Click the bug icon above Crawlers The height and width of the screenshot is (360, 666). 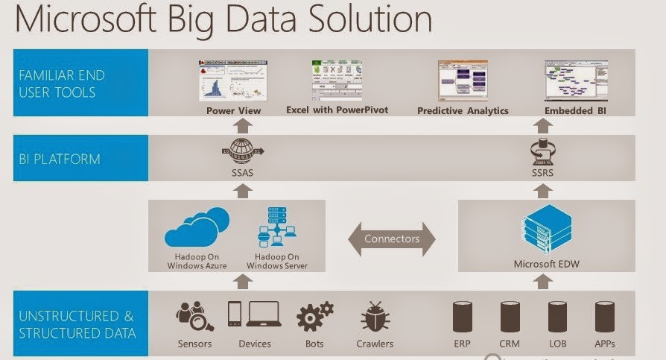point(375,317)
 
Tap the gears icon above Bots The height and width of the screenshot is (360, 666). point(314,317)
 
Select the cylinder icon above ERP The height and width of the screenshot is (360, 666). point(463,317)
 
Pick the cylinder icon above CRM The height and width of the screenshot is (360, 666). point(510,317)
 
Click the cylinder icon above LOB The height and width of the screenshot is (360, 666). point(557,317)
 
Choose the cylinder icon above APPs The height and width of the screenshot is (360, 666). point(604,317)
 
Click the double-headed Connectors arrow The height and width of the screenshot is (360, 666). point(391,239)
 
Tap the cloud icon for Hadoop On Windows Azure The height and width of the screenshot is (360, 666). point(196,227)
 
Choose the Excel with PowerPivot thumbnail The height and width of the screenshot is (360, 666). point(333,80)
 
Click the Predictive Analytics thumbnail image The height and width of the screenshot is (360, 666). point(462,80)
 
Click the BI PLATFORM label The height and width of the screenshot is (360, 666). point(60,159)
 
